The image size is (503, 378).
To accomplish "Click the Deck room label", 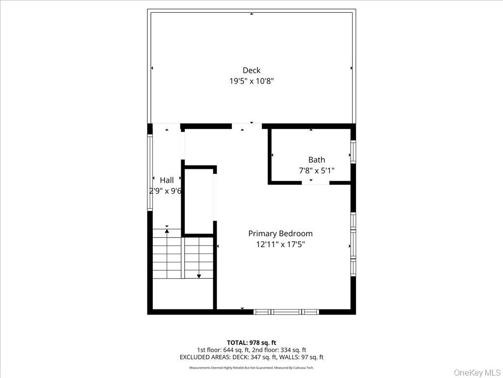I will click(251, 70).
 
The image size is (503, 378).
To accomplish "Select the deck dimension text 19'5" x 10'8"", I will click(251, 81).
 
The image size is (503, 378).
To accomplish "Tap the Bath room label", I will click(316, 159).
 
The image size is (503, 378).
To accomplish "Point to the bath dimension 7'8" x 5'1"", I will click(316, 170).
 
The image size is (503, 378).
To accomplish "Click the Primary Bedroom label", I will click(280, 233).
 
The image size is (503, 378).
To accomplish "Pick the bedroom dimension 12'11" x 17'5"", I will click(280, 244).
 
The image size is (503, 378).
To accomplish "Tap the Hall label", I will click(167, 180).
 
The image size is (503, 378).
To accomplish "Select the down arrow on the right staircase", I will click(198, 276).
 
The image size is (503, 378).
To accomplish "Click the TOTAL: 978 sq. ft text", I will click(251, 343).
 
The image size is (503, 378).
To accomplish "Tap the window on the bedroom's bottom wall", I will click(286, 312).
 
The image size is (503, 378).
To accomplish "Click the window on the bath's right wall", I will click(353, 152).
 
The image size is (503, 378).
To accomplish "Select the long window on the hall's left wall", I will click(150, 173).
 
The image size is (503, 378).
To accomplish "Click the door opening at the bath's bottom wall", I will click(315, 182).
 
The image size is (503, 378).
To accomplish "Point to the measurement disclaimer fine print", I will click(251, 368).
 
